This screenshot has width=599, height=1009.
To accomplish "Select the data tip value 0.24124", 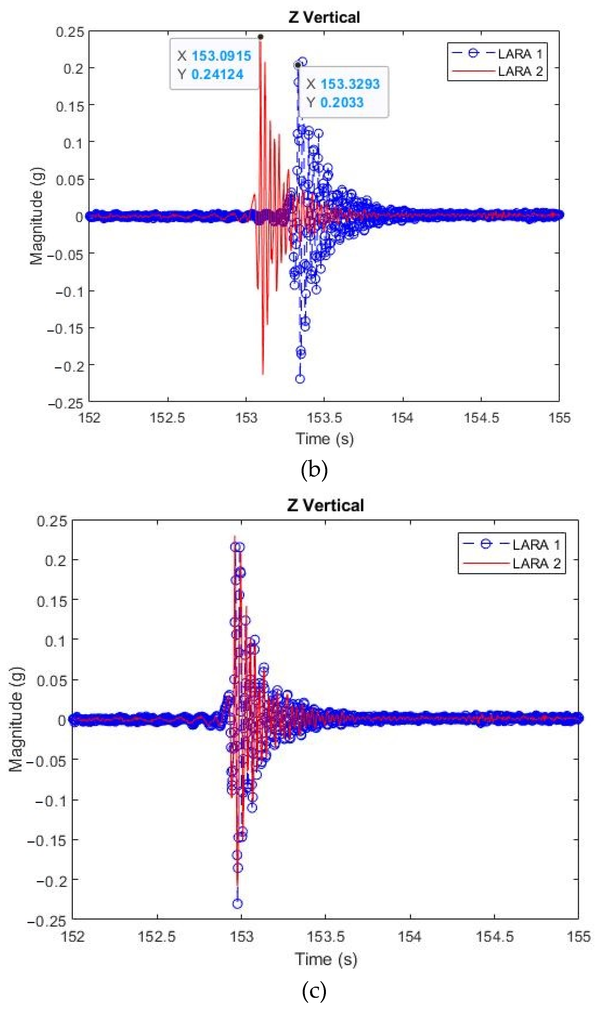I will pyautogui.click(x=217, y=74).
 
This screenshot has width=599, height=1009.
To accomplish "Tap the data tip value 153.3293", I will pyautogui.click(x=350, y=84).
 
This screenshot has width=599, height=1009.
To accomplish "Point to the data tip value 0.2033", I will pyautogui.click(x=342, y=103).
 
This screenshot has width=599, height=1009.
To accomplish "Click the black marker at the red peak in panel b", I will pyautogui.click(x=261, y=37).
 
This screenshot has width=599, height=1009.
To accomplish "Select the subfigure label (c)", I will pyautogui.click(x=314, y=991).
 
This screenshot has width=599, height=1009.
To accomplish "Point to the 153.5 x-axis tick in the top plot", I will pyautogui.click(x=324, y=418).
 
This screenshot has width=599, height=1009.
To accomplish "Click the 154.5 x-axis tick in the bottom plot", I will pyautogui.click(x=495, y=936).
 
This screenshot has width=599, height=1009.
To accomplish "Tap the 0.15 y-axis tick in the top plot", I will pyautogui.click(x=70, y=107).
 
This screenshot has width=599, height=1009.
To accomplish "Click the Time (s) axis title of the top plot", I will pyautogui.click(x=325, y=439).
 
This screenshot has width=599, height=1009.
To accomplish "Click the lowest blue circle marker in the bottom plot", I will pyautogui.click(x=237, y=904).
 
